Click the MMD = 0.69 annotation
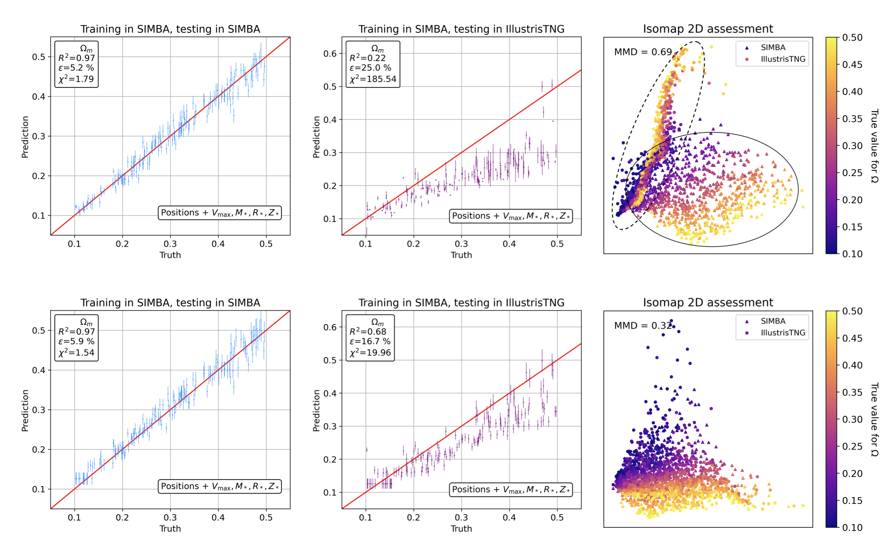(x=642, y=52)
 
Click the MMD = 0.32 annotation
(x=642, y=326)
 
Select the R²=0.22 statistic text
(x=367, y=58)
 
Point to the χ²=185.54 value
(x=372, y=79)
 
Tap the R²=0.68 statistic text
(x=367, y=332)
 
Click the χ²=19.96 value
(x=370, y=353)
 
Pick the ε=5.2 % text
(x=76, y=68)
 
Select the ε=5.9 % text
(x=76, y=341)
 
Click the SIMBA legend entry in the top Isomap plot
(x=772, y=48)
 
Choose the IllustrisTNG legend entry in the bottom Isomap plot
(x=782, y=333)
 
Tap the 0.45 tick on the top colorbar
(x=852, y=64)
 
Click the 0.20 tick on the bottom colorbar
(x=852, y=473)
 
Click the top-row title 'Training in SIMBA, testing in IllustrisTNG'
(x=461, y=29)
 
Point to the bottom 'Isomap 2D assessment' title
(x=708, y=303)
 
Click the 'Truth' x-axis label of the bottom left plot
(x=170, y=529)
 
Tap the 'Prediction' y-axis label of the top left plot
(x=25, y=137)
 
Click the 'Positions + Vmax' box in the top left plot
(x=220, y=213)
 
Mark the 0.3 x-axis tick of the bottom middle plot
(x=461, y=517)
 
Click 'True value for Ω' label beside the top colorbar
(x=874, y=146)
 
